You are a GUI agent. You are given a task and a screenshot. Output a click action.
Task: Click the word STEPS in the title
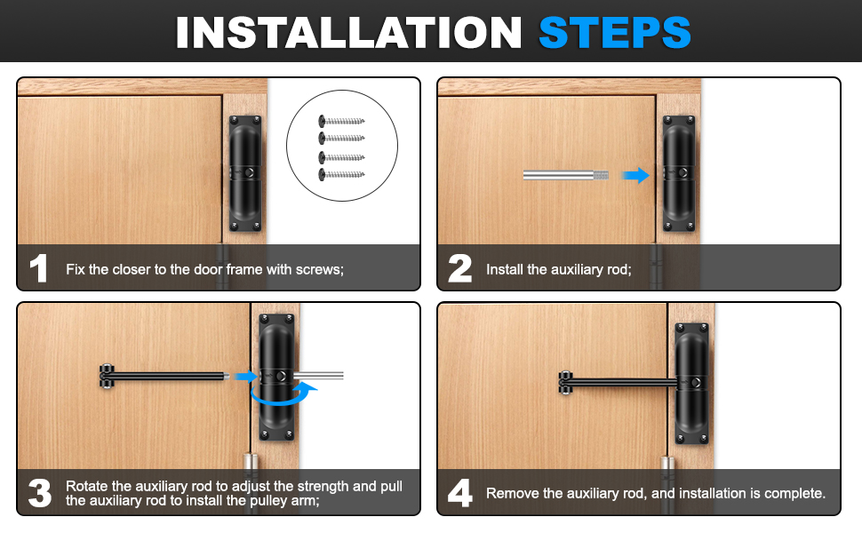click(x=615, y=32)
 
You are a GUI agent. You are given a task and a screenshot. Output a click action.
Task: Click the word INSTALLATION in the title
click(x=348, y=32)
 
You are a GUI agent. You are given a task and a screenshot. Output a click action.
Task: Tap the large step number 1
click(x=38, y=268)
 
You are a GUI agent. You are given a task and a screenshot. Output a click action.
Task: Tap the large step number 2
click(x=459, y=268)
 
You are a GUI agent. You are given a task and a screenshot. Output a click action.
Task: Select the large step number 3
click(x=40, y=493)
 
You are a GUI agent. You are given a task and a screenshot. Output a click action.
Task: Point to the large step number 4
click(x=460, y=493)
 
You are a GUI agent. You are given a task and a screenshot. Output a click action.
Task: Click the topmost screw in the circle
click(x=341, y=121)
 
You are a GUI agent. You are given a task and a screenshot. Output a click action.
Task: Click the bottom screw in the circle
click(x=341, y=175)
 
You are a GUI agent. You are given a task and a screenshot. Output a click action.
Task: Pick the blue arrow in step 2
click(x=635, y=175)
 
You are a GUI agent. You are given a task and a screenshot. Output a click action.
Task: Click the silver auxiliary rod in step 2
click(x=566, y=175)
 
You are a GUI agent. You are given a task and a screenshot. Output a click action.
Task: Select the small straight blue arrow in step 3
click(x=246, y=377)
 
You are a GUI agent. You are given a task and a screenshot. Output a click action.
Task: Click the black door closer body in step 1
click(x=245, y=173)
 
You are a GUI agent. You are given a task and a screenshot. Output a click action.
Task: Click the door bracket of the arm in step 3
click(x=106, y=376)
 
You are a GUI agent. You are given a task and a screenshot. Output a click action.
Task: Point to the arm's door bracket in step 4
click(x=566, y=383)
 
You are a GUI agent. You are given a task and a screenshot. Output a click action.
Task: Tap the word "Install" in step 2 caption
click(x=505, y=269)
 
